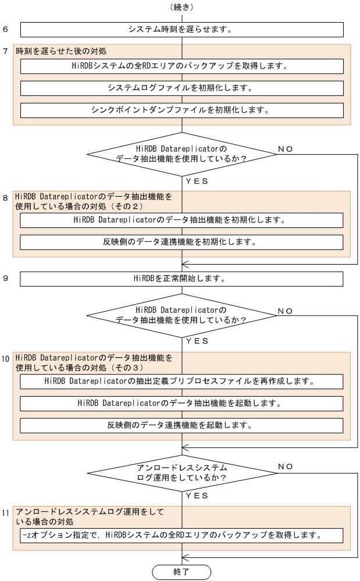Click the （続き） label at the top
coord(181,7)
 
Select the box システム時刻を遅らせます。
coord(181,29)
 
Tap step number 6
coord(5,29)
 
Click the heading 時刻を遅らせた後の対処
coord(61,51)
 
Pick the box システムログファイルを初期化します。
coord(181,88)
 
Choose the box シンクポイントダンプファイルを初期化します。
coord(181,110)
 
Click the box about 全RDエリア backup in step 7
coord(181,66)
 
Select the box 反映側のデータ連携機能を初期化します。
coord(181,242)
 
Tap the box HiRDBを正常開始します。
coord(181,279)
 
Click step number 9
coord(5,279)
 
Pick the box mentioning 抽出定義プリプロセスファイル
coord(181,382)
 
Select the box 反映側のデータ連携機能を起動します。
coord(181,425)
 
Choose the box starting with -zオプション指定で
coord(181,535)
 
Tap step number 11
coord(6,513)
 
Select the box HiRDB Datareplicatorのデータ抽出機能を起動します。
coord(181,403)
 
